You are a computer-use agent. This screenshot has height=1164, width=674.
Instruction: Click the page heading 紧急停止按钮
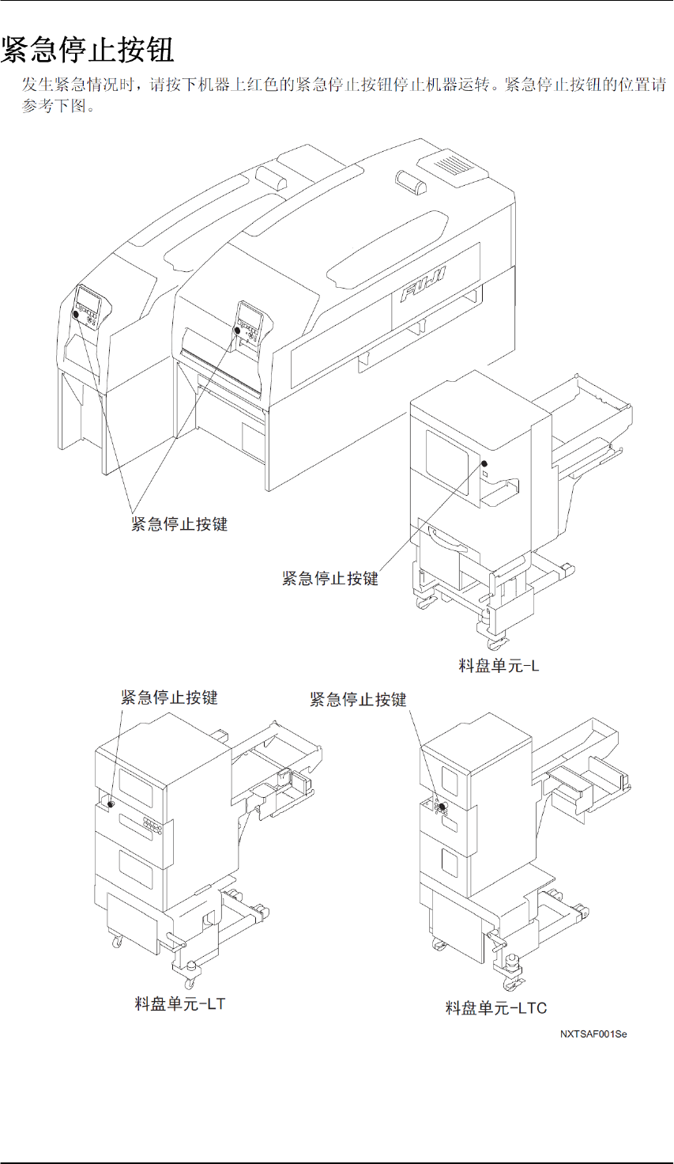(88, 50)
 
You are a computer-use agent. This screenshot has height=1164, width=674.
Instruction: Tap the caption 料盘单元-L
(499, 666)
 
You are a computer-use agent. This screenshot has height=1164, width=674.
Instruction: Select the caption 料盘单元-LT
(180, 1004)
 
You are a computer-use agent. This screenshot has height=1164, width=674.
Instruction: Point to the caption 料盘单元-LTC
(496, 1007)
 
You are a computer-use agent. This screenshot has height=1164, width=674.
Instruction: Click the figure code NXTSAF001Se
(593, 1034)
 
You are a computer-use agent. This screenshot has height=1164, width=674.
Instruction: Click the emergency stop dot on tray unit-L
(484, 463)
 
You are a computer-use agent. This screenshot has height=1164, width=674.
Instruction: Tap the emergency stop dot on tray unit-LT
(110, 803)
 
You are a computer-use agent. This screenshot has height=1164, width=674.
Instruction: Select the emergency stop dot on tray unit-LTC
(443, 807)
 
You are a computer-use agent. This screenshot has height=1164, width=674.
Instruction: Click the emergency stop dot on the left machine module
(76, 314)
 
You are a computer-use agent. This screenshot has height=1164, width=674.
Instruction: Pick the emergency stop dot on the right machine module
(237, 331)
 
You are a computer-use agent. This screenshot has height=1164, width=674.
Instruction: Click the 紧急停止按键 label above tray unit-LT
(169, 697)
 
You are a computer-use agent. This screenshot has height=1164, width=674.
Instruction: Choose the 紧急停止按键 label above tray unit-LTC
(358, 700)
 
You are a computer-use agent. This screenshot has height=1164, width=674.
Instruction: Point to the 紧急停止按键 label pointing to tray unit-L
(330, 579)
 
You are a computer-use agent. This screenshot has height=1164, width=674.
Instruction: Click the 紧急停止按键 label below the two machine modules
(179, 523)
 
